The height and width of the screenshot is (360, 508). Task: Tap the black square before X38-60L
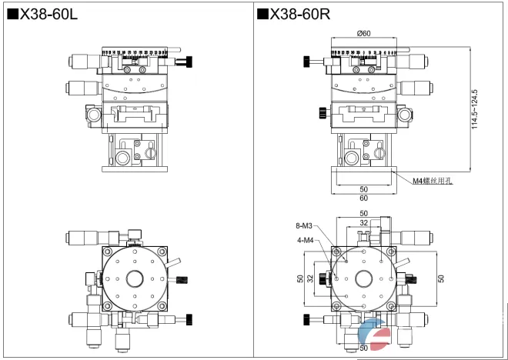click(x=12, y=13)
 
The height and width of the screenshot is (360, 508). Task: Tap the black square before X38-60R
click(x=262, y=13)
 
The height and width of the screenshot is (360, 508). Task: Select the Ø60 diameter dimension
click(x=364, y=32)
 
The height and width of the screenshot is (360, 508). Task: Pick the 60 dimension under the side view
click(x=363, y=198)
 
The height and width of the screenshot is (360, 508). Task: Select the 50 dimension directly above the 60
click(x=363, y=188)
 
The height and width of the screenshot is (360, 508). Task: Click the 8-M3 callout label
click(x=303, y=226)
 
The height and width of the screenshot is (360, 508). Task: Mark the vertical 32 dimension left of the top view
click(x=309, y=278)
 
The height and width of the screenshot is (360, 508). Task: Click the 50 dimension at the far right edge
click(x=441, y=278)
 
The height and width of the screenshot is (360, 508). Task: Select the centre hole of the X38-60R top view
click(x=363, y=278)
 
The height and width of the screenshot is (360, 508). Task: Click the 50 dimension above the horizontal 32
click(x=363, y=212)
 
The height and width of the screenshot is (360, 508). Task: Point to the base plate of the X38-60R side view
click(x=363, y=178)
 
